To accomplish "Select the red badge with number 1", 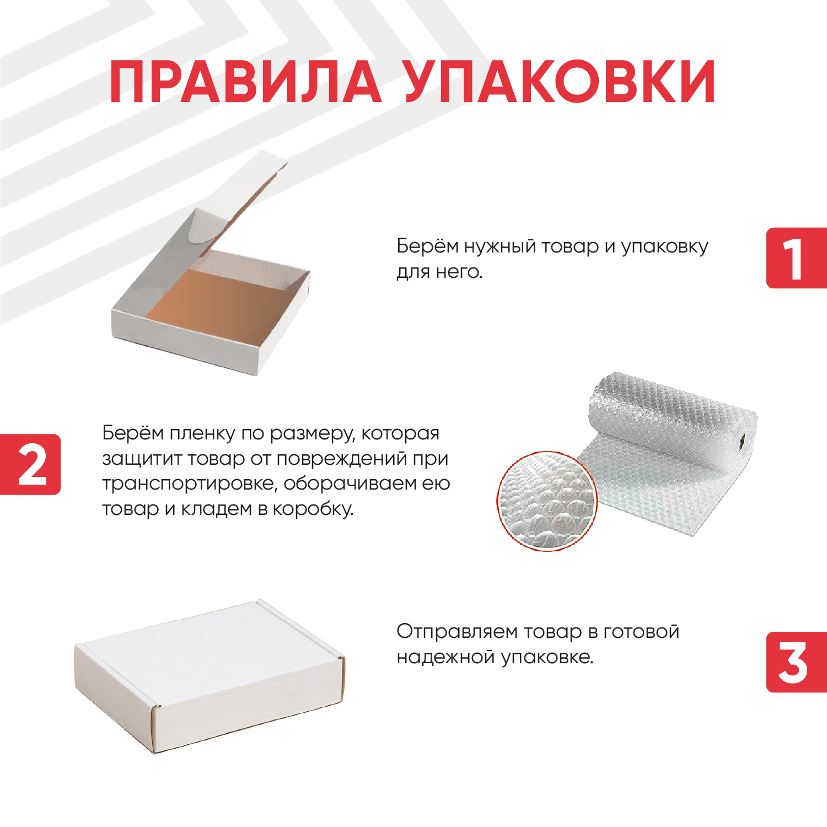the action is (797, 257).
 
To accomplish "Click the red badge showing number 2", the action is (30, 464).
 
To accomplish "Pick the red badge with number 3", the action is (797, 662).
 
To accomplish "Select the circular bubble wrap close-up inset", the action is (547, 501).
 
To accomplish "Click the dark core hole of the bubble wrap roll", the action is (742, 441).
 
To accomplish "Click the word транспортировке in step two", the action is (190, 484).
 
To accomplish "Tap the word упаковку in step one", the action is (664, 247).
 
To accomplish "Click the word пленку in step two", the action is (202, 434).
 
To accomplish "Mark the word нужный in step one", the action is (500, 247).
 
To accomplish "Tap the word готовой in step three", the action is (641, 632).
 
